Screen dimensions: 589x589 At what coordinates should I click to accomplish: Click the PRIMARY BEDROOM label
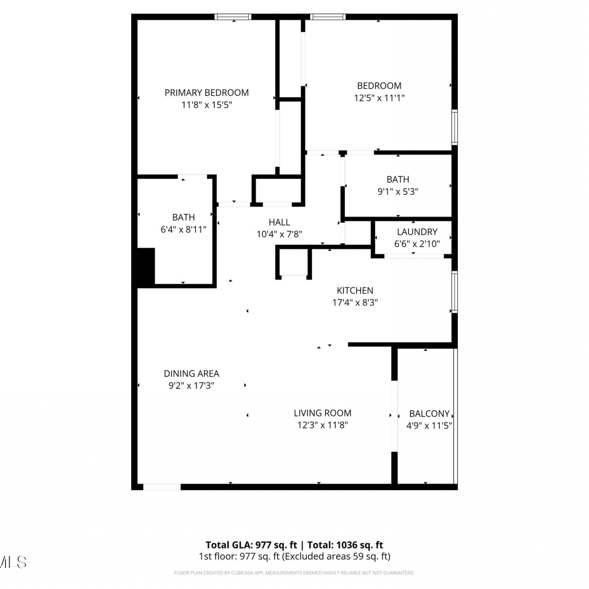[x=207, y=93]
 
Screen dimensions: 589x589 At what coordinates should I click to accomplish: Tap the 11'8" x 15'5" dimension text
[x=207, y=105]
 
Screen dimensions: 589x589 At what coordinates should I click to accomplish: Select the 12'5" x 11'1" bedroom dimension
[x=379, y=98]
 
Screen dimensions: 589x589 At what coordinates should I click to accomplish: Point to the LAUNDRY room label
[x=417, y=232]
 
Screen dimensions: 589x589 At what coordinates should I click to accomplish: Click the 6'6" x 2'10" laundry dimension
[x=417, y=244]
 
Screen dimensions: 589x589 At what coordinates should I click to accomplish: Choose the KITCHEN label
[x=355, y=291]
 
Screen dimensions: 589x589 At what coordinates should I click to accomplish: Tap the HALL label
[x=280, y=222]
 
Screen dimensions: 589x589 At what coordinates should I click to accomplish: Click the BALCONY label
[x=429, y=413]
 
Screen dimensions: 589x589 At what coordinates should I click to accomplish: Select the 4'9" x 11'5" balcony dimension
[x=429, y=425]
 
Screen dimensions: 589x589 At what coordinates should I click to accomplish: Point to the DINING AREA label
[x=192, y=373]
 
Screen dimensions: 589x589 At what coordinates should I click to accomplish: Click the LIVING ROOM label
[x=322, y=413]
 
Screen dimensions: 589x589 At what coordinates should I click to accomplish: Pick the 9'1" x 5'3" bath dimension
[x=398, y=192]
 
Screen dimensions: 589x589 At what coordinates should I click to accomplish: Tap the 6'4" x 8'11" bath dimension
[x=183, y=229]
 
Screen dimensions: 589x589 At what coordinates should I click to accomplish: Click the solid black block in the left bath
[x=146, y=267]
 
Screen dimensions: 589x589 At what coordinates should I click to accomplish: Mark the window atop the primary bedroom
[x=233, y=16]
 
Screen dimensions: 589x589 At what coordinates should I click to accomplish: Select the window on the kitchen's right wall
[x=455, y=292]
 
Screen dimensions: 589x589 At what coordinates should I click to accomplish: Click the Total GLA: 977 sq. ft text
[x=251, y=545]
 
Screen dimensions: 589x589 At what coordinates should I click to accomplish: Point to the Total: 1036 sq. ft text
[x=345, y=545]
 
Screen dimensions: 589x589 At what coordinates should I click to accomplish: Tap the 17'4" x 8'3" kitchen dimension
[x=355, y=303]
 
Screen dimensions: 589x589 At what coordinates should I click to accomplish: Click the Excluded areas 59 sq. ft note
[x=336, y=556]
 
